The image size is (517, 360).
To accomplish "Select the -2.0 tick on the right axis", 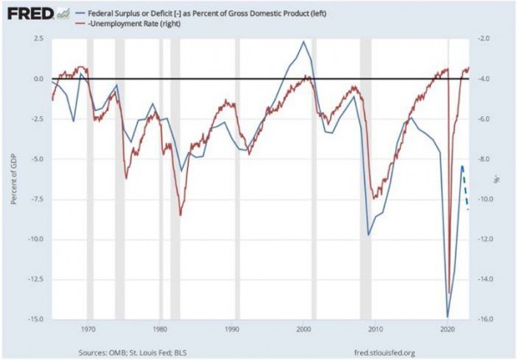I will pos(486,40).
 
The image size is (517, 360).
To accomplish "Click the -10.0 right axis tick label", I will pos(487,199).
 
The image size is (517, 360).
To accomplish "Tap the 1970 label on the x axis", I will pos(88,329).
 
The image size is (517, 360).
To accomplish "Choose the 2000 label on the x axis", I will pos(303,329).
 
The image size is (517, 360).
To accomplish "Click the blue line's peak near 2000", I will pos(303,41).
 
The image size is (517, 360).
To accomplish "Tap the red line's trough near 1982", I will pos(180,214).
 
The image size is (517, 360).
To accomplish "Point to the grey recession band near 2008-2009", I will pos(365,172).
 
